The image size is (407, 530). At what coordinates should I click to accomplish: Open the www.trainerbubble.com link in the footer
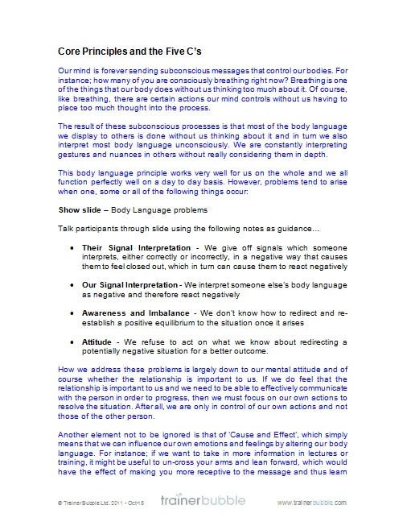click(311, 503)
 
